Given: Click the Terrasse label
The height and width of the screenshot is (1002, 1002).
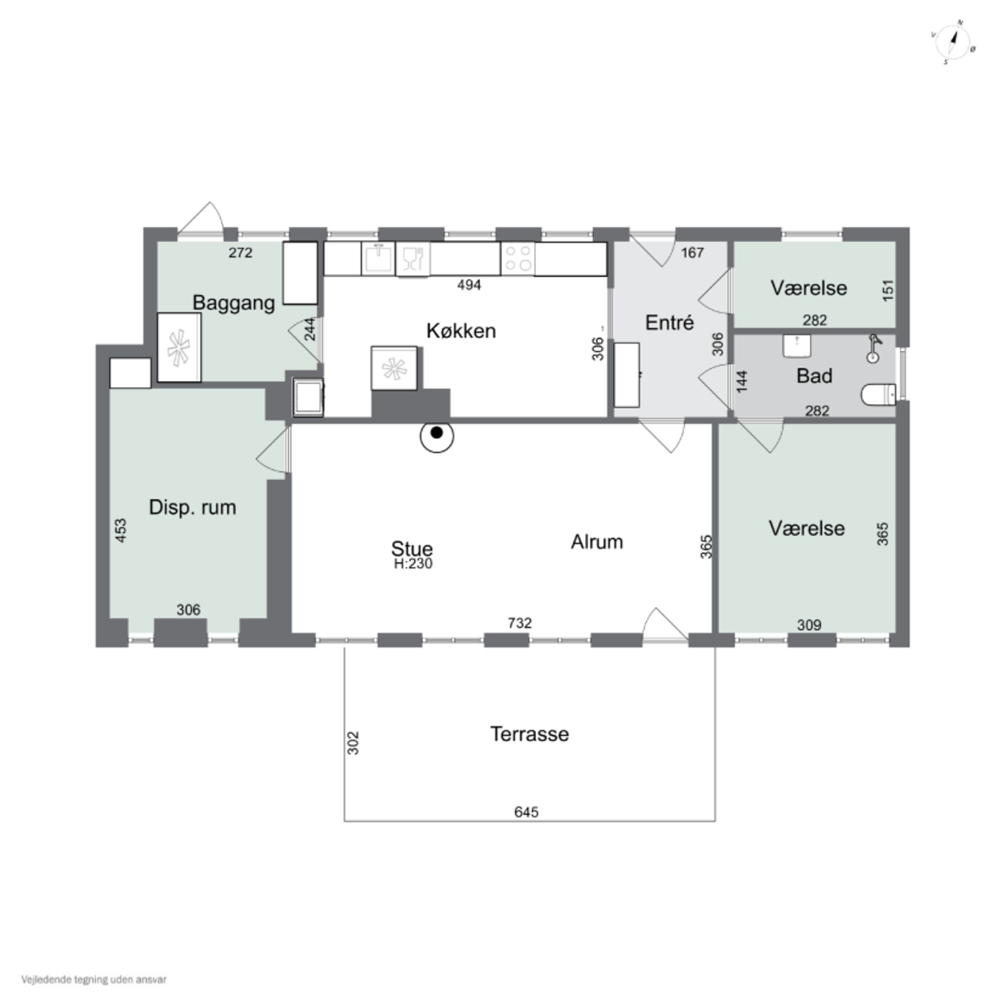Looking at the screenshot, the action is [529, 734].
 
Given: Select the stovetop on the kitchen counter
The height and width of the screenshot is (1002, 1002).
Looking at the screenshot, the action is [518, 258].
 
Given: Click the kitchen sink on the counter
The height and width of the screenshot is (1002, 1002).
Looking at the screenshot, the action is [378, 258].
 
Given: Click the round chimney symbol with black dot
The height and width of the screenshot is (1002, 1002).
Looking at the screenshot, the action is [437, 436].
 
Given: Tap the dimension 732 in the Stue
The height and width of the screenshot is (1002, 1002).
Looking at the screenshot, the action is [520, 623].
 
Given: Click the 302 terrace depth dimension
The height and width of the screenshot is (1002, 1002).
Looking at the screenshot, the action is [353, 743].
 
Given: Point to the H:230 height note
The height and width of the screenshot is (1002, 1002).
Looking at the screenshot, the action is [413, 564].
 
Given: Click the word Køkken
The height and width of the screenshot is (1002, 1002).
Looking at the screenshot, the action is [461, 331].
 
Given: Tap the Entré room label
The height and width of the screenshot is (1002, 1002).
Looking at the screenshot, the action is [670, 323].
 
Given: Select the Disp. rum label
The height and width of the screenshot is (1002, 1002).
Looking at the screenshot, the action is [192, 507].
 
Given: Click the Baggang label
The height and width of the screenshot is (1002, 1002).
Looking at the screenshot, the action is [234, 303].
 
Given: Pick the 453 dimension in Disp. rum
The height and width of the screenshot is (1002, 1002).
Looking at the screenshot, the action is [120, 531].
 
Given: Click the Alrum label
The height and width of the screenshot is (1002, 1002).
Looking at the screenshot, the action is [597, 542].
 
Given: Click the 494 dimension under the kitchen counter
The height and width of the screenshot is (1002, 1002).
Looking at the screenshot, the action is [469, 285].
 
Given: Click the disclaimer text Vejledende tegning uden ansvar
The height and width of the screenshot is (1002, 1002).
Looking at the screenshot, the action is [94, 980].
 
